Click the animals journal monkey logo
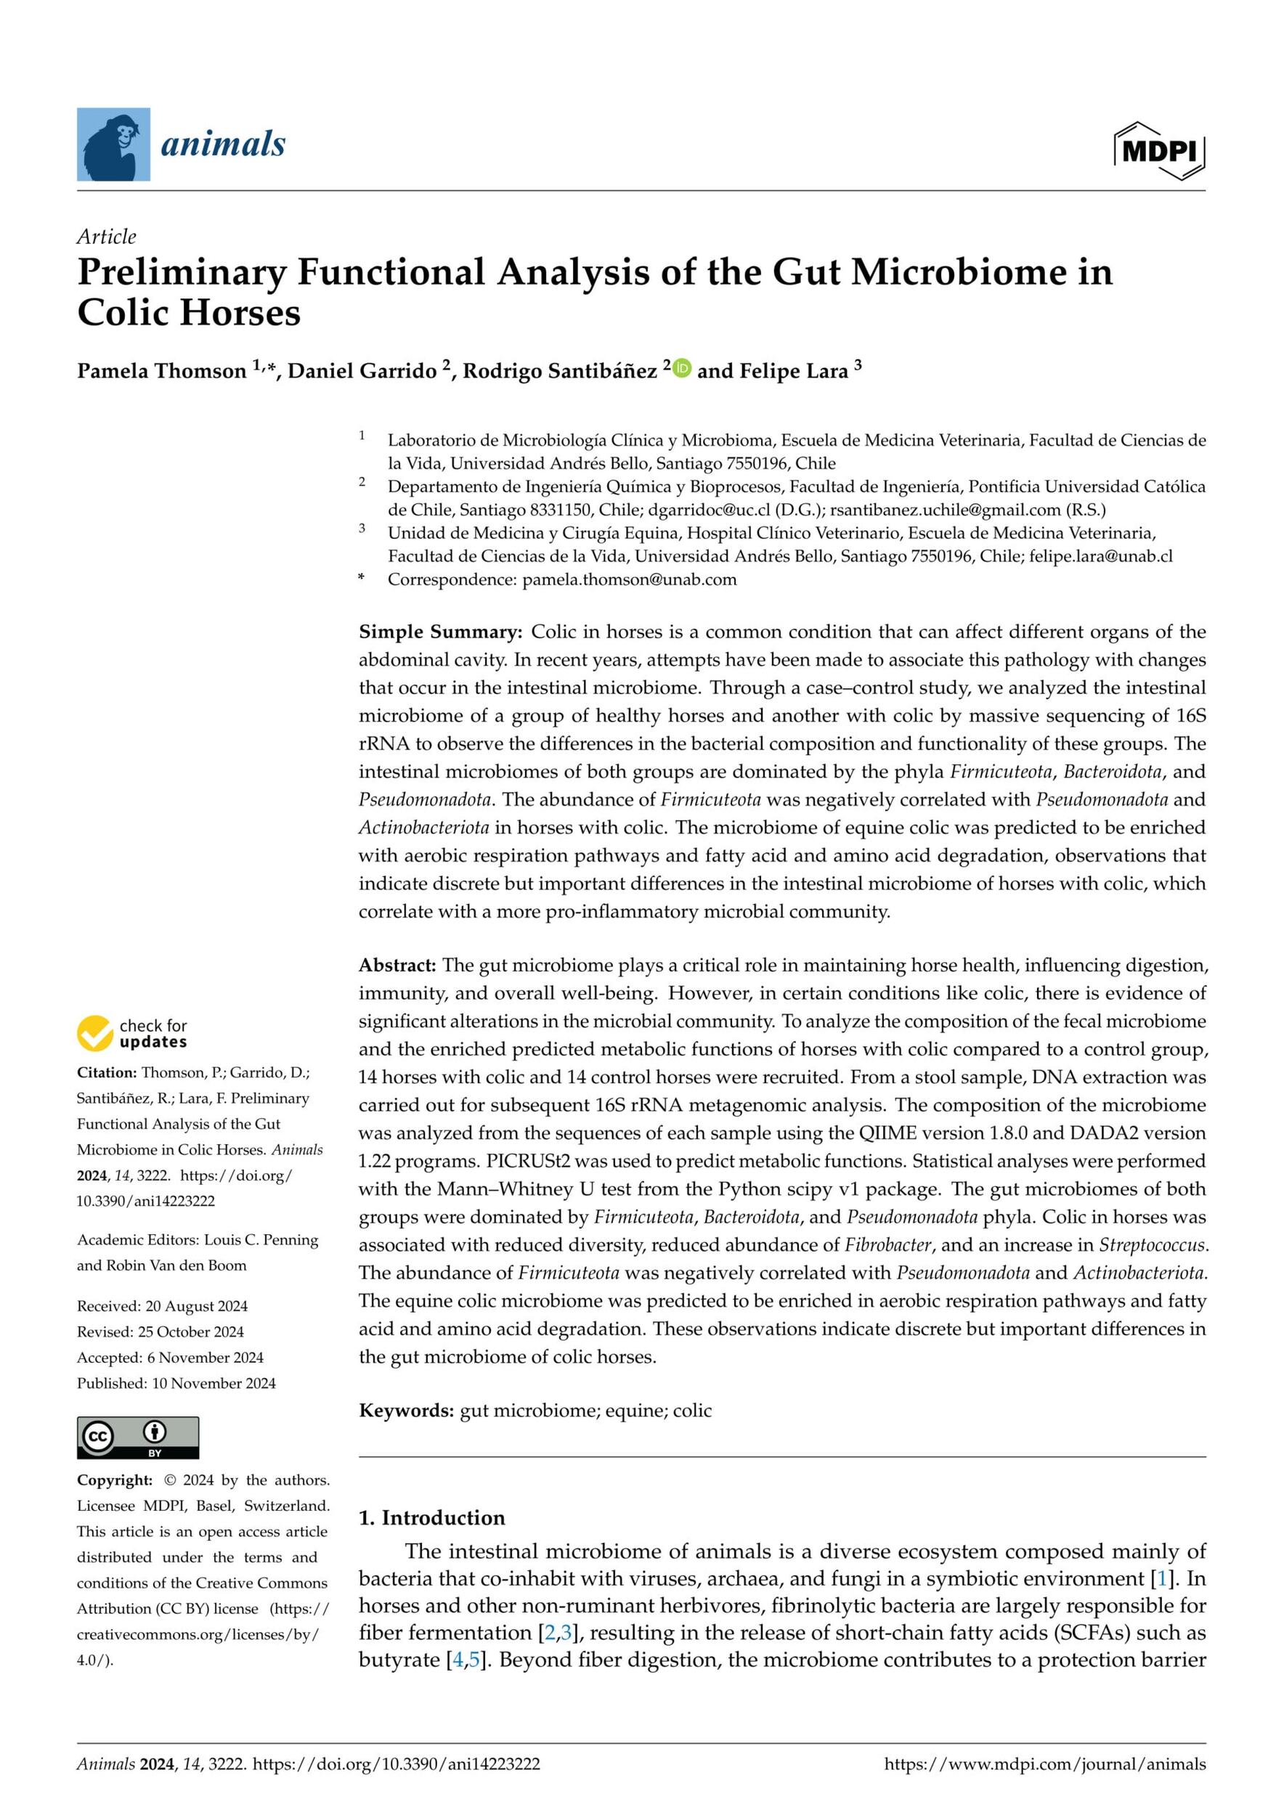pos(113,144)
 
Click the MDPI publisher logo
pos(1159,150)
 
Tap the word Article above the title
pos(106,237)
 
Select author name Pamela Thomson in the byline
pos(161,371)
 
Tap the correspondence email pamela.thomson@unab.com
pos(630,579)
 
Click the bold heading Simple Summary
pos(440,632)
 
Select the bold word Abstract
pos(397,965)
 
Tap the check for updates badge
pos(132,1033)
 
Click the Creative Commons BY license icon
pos(137,1437)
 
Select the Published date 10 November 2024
pos(176,1383)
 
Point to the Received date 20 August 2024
pos(162,1306)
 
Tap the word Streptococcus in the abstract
pos(1153,1245)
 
